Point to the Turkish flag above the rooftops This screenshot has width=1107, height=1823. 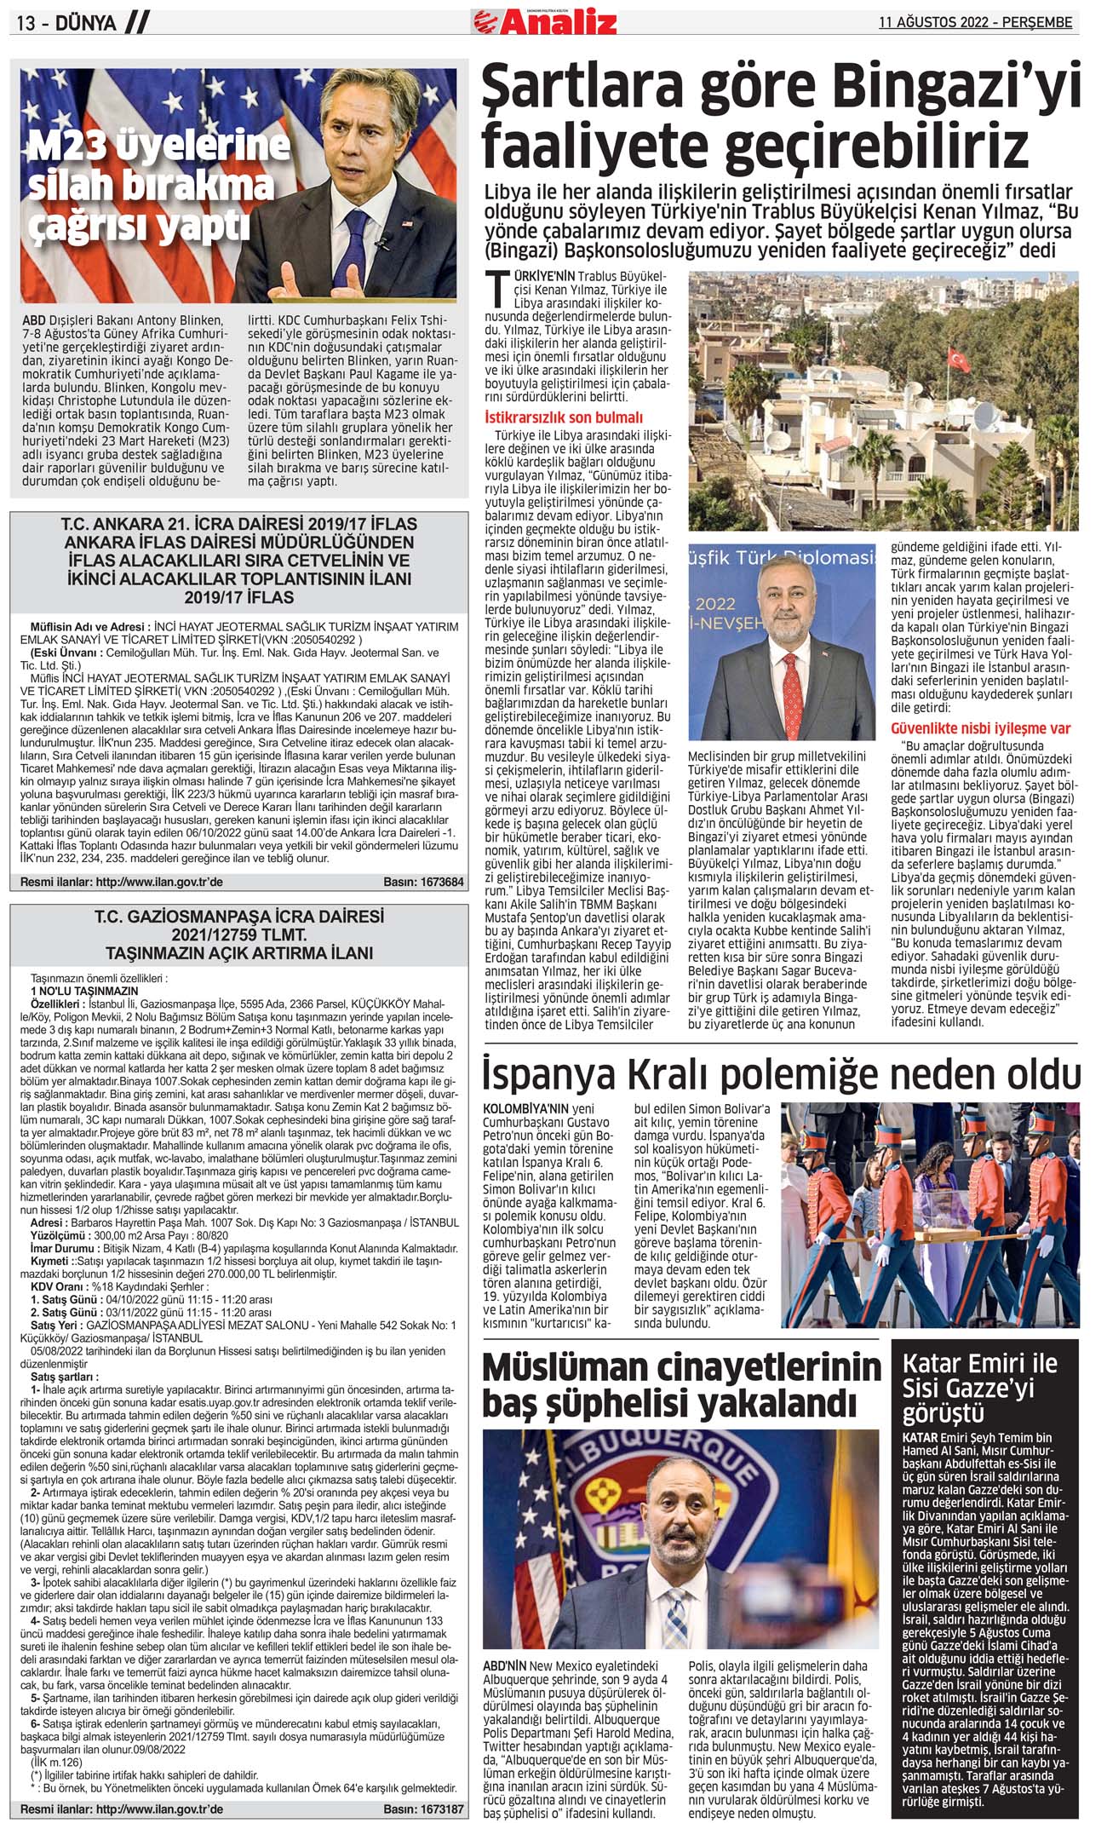click(960, 361)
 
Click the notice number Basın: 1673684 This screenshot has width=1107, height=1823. click(423, 882)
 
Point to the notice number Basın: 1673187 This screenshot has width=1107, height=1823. click(423, 1803)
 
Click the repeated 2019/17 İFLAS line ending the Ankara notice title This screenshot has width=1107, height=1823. click(239, 596)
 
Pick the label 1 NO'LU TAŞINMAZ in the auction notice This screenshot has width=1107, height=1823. click(84, 992)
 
